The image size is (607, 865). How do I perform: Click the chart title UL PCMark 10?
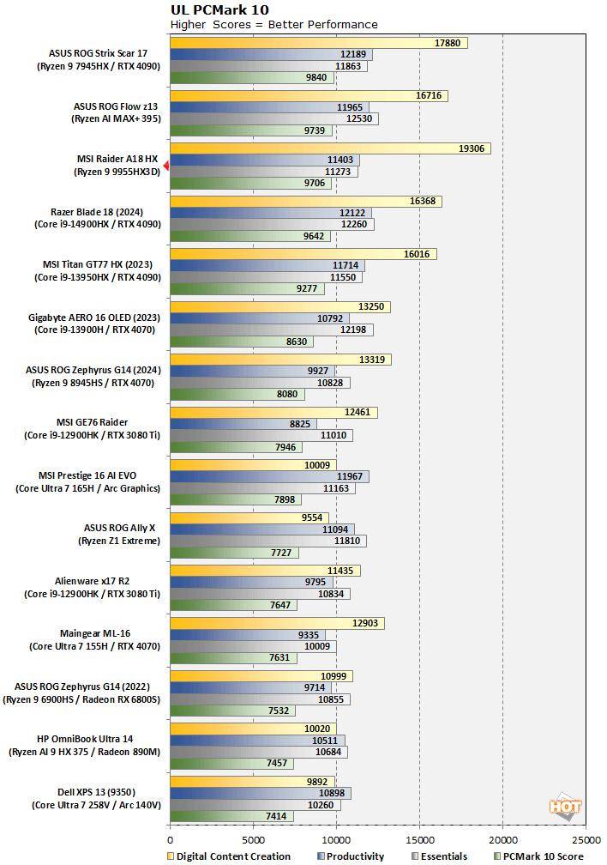coord(219,10)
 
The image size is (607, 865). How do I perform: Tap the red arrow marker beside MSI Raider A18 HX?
coord(166,166)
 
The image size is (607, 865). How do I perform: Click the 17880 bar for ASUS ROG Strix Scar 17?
coord(318,43)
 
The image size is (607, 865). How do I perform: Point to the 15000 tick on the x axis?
coord(419,840)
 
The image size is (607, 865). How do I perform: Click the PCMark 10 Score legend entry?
coord(539,856)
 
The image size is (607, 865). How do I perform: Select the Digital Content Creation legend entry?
coord(228,856)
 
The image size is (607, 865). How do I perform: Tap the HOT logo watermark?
coord(565,807)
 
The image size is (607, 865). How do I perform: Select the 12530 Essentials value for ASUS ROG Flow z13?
coord(358,118)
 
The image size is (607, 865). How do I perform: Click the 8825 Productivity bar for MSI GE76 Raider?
coord(243,424)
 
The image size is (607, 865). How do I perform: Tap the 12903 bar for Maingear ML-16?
coord(277,623)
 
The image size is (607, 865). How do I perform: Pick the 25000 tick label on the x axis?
coord(586,840)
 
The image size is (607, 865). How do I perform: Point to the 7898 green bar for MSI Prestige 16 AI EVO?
coord(235,499)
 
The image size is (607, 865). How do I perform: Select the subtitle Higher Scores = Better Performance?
coord(273,24)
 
